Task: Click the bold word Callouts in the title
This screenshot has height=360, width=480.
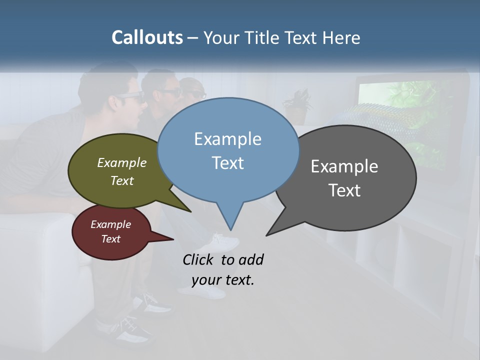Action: tap(147, 37)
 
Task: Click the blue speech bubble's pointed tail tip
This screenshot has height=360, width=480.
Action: tap(230, 230)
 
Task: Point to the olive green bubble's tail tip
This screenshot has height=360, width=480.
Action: tap(190, 211)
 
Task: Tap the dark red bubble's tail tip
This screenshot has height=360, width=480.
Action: tap(173, 239)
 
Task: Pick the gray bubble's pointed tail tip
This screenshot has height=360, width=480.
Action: tap(266, 235)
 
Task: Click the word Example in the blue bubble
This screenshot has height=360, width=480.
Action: tap(227, 139)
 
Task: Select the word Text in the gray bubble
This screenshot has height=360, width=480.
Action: tap(344, 190)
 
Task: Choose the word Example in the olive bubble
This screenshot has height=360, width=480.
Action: tap(122, 163)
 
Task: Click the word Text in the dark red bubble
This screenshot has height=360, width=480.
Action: tap(111, 239)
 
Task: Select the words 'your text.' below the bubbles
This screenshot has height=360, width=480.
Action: tap(223, 280)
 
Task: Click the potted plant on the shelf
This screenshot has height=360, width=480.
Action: tap(298, 105)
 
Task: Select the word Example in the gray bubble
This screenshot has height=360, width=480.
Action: tap(344, 166)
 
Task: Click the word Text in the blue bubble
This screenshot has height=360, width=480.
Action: tap(227, 163)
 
